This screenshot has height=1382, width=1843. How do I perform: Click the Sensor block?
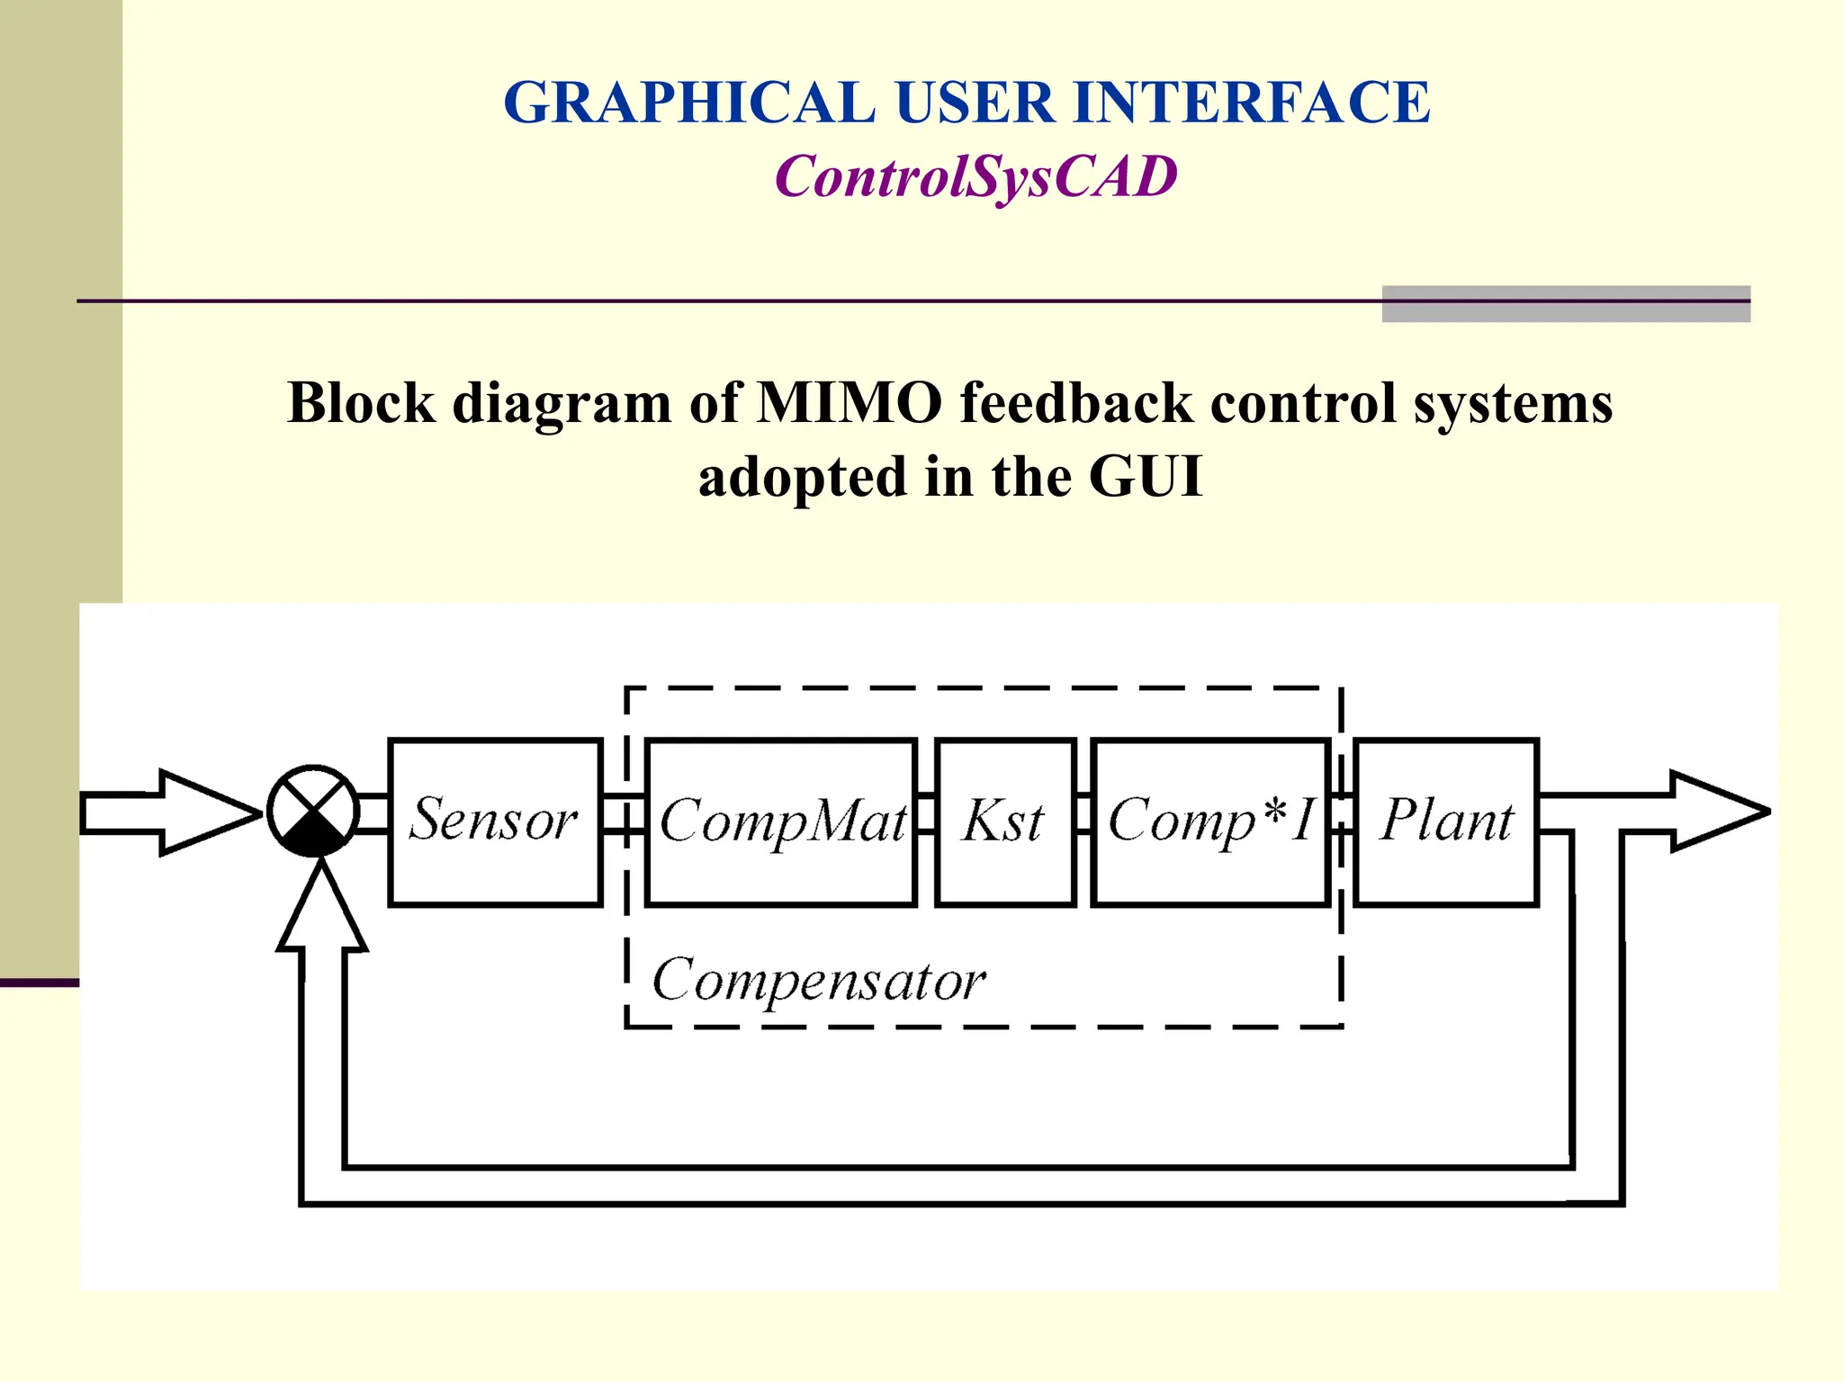[x=495, y=821]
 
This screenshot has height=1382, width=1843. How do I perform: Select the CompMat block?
[x=781, y=821]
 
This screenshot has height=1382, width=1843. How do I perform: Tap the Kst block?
[x=1005, y=821]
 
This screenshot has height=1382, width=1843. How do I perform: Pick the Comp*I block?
[x=1210, y=821]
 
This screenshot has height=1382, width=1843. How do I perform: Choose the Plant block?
[x=1446, y=821]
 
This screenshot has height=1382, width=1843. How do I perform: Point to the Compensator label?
[x=818, y=980]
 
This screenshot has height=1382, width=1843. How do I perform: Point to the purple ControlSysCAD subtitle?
[x=975, y=176]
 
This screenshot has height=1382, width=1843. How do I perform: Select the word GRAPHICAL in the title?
[x=689, y=102]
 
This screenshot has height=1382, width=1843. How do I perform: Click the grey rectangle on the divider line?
[x=1566, y=303]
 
